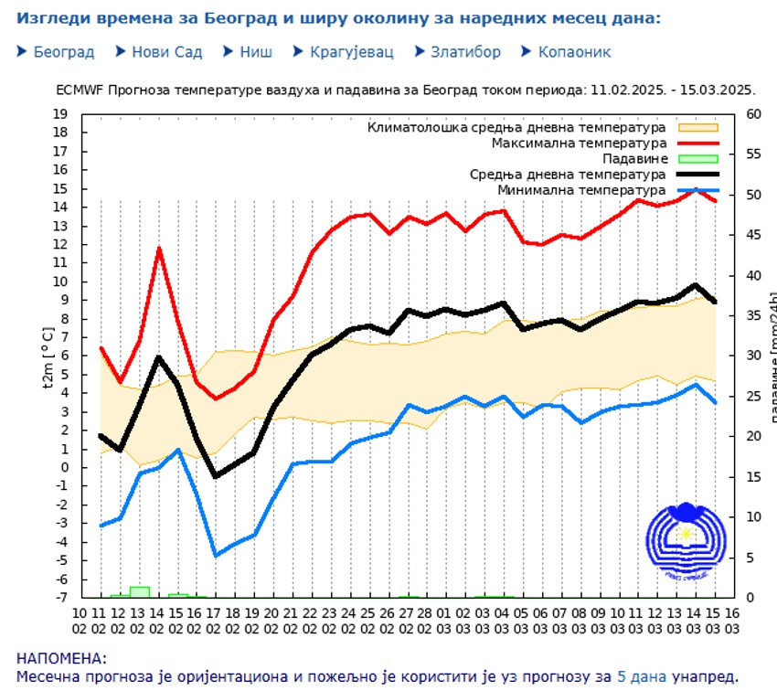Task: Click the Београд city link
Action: (x=64, y=52)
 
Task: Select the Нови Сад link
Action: (x=166, y=52)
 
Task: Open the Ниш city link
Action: (x=256, y=52)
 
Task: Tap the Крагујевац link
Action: (x=351, y=52)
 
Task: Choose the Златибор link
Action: (x=466, y=52)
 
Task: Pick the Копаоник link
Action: (x=574, y=52)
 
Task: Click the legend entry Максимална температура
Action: (x=580, y=144)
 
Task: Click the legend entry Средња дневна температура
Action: (x=568, y=175)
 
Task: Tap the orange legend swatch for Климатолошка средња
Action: (x=698, y=128)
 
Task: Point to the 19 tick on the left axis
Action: (x=60, y=114)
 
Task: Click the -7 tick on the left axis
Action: (x=60, y=597)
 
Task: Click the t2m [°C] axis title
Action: (x=48, y=356)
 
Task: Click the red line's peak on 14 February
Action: (x=159, y=248)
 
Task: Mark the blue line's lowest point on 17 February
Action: (x=217, y=556)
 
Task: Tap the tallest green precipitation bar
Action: (x=140, y=591)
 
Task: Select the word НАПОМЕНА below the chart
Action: (x=61, y=659)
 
